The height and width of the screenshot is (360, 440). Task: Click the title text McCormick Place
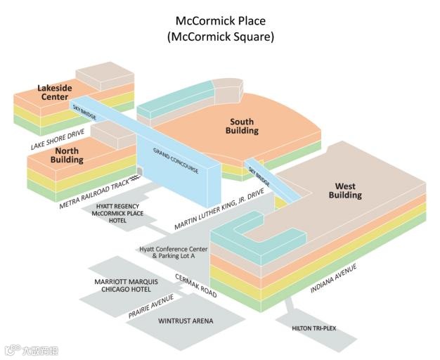tap(220, 21)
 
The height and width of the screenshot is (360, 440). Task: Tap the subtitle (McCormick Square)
tap(220, 37)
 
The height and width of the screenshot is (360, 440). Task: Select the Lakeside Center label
tap(55, 92)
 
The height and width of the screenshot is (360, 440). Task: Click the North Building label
tap(67, 155)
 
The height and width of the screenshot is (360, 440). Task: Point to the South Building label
tap(242, 126)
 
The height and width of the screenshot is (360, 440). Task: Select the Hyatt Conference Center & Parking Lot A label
tap(173, 252)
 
